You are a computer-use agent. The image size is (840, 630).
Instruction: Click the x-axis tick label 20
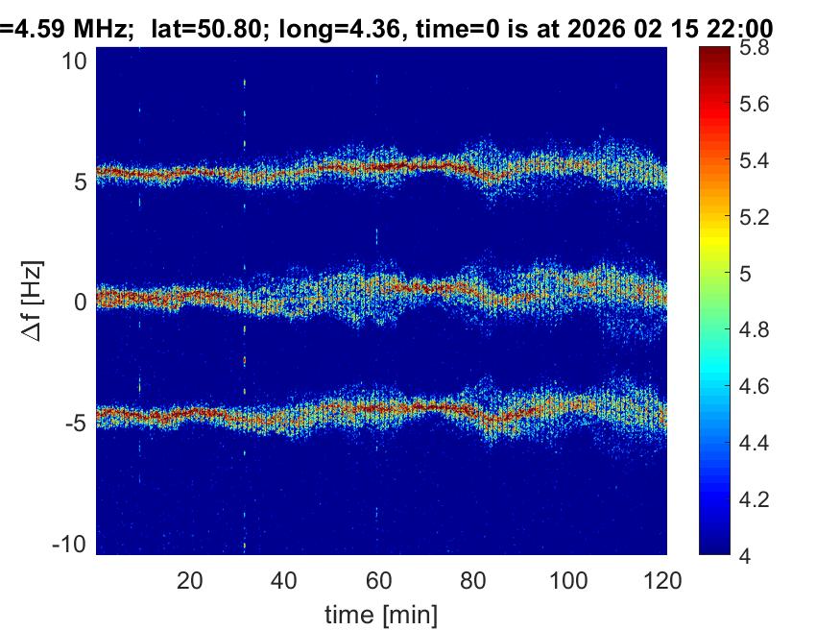pyautogui.click(x=190, y=580)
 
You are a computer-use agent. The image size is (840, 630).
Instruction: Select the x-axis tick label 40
pyautogui.click(x=284, y=580)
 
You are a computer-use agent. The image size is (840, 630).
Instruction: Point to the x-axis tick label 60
pyautogui.click(x=379, y=580)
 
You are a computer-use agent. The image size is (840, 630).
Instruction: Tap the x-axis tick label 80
pyautogui.click(x=474, y=580)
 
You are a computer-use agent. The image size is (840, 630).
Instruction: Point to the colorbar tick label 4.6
pyautogui.click(x=755, y=387)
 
